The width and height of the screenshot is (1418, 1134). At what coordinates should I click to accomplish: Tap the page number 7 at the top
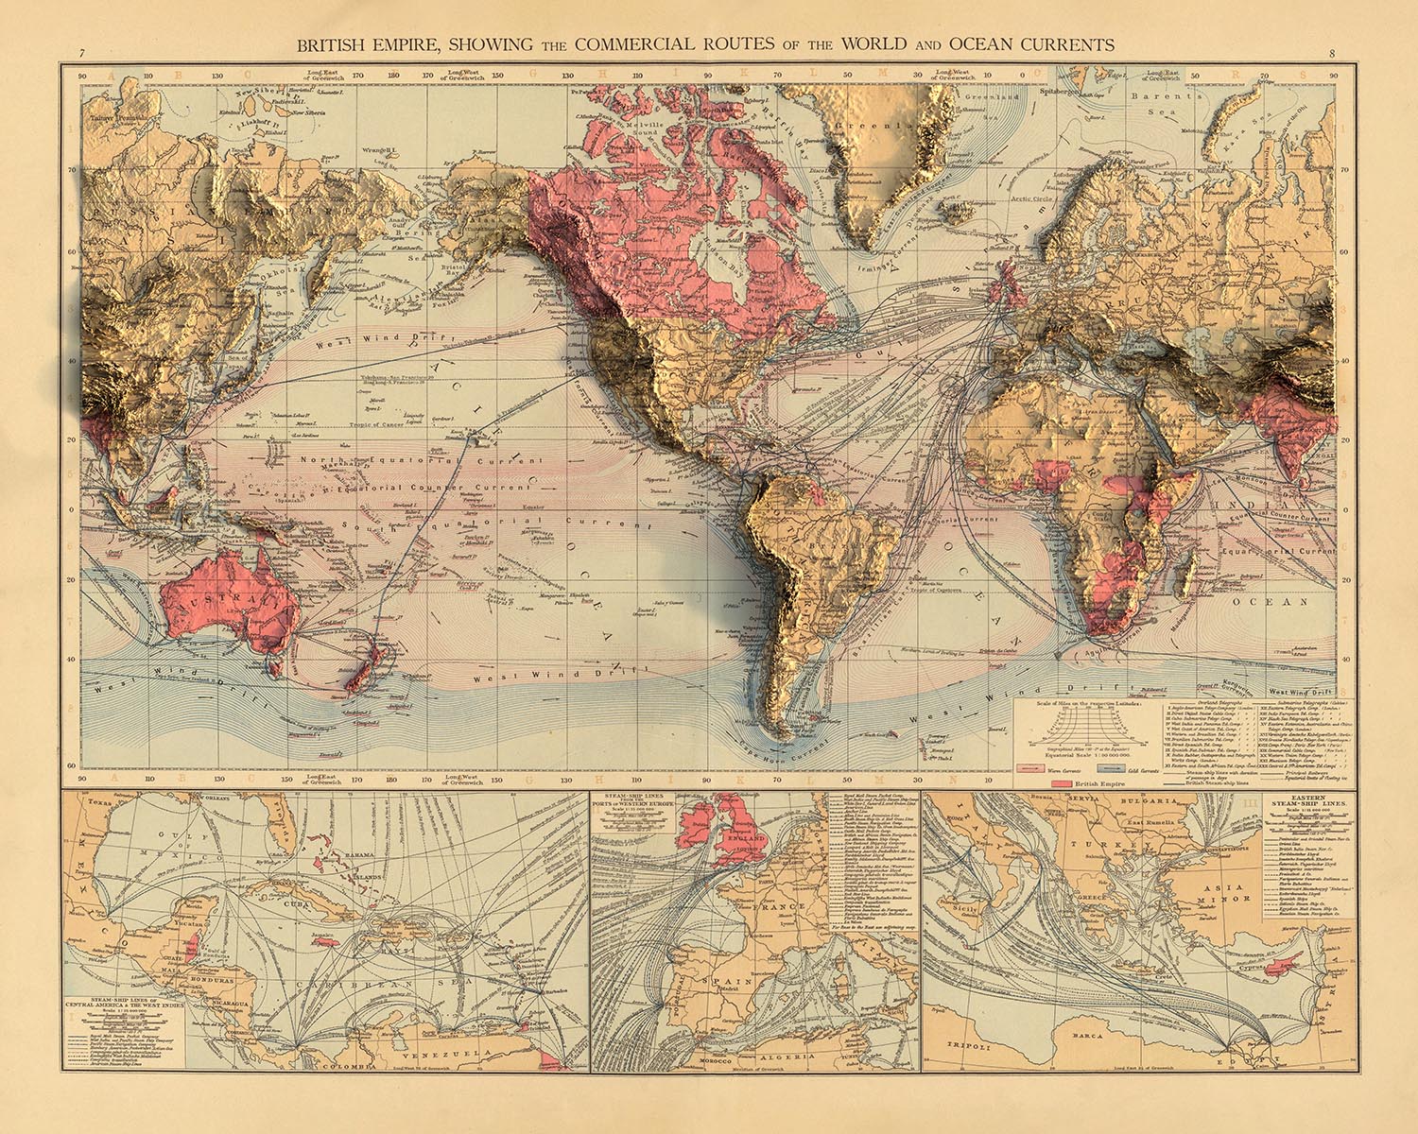(83, 53)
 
